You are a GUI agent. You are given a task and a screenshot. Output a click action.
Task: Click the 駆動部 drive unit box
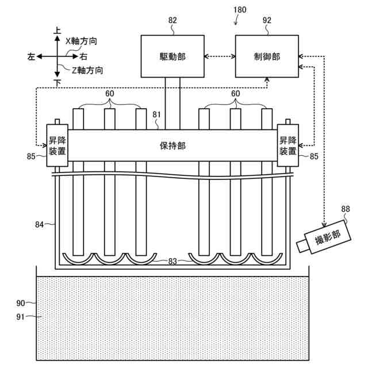[x=172, y=56]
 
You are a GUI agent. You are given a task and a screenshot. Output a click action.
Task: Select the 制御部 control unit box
[x=266, y=56]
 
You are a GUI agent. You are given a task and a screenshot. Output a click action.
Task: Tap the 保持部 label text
[x=172, y=145]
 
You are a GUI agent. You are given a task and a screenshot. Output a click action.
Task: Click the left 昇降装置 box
[x=57, y=145]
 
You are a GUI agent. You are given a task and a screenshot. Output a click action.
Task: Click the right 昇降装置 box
[x=287, y=145]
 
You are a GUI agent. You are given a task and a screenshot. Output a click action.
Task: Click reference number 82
[x=172, y=20]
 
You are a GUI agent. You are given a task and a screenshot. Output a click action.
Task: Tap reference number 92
[x=266, y=20]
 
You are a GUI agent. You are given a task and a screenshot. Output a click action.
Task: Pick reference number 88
[x=345, y=209]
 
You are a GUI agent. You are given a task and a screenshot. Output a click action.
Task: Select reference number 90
[x=21, y=302]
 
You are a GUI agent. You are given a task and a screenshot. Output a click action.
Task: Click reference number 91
[x=21, y=316]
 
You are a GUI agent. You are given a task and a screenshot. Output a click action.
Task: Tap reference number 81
[x=156, y=114]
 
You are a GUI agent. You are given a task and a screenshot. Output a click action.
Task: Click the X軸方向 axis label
[x=81, y=41]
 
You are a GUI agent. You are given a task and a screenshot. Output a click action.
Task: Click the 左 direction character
[x=31, y=56]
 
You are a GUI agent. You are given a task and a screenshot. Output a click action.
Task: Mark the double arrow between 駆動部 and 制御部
[x=220, y=56]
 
